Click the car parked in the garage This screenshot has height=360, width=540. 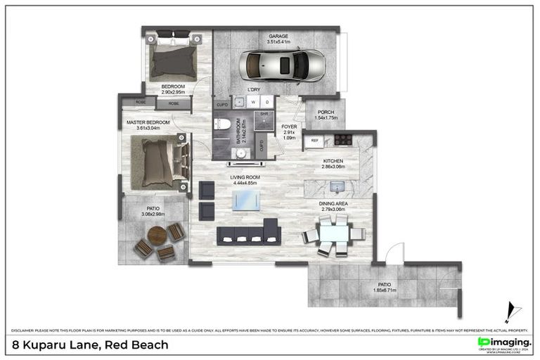coord(282,66)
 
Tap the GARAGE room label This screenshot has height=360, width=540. coord(278,37)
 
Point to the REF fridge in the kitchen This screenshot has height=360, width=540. coord(314,141)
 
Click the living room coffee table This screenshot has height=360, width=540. coord(247,200)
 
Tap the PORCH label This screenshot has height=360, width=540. coord(326,112)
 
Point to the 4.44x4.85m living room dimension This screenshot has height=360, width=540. coord(245,183)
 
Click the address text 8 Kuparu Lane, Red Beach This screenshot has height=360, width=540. coord(91,345)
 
